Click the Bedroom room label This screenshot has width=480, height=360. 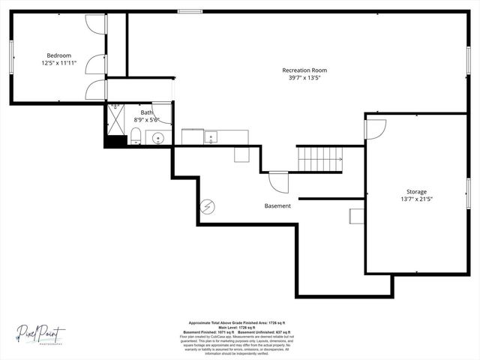(x=58, y=55)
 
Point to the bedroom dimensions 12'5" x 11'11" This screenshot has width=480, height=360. (x=58, y=64)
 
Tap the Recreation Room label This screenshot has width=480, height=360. (x=304, y=70)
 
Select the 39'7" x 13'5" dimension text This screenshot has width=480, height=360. (x=304, y=78)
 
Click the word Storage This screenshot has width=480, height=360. (x=417, y=192)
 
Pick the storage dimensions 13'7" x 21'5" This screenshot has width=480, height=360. (x=417, y=199)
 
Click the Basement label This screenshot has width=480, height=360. (x=277, y=205)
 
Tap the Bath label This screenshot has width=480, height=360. (x=146, y=112)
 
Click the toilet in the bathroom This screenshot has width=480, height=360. (x=136, y=136)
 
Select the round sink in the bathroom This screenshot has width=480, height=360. (x=158, y=138)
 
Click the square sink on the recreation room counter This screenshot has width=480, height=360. (x=212, y=137)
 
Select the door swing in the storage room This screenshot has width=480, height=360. (x=375, y=128)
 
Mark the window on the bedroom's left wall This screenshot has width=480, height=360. (x=10, y=57)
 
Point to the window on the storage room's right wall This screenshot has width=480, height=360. (x=469, y=196)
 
